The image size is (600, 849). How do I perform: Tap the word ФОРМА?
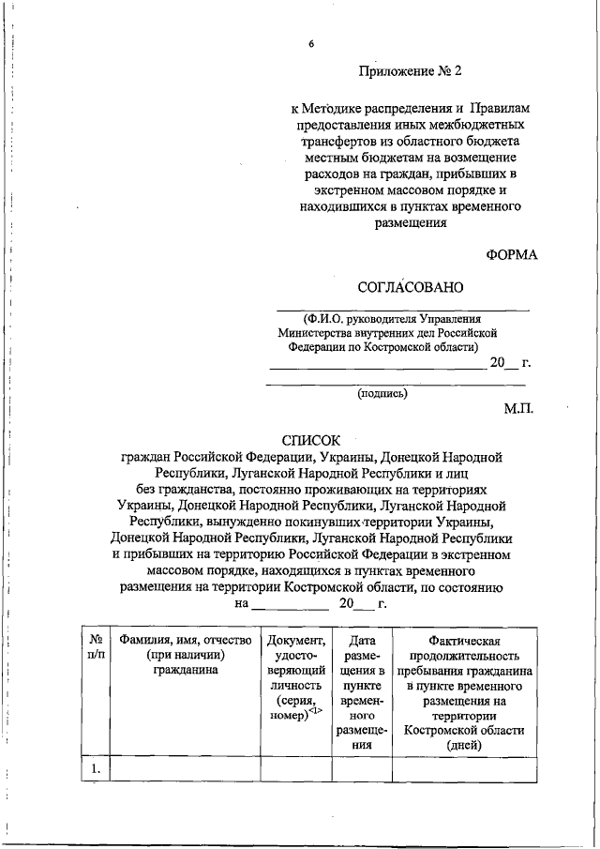click(x=512, y=255)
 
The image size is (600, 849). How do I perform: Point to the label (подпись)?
click(x=382, y=395)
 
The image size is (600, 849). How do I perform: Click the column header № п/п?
click(x=95, y=646)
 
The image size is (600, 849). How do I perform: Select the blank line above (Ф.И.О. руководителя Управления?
click(x=402, y=308)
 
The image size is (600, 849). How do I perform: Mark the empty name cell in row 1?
click(x=183, y=768)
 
